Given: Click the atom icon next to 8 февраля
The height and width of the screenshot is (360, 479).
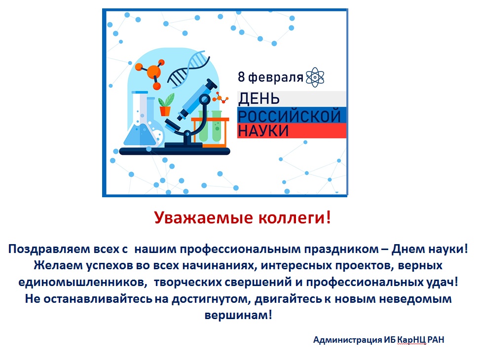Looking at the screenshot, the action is (315, 77).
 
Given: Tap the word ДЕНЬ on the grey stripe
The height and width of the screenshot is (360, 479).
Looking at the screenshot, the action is (259, 99).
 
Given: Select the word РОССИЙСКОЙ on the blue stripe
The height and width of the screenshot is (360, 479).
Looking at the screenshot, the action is (289, 116).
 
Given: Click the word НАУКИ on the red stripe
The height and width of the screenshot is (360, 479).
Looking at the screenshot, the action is (263, 131).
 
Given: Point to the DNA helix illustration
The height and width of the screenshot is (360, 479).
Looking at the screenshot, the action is (188, 69).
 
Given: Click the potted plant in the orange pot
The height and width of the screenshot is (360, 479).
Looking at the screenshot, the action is (166, 105).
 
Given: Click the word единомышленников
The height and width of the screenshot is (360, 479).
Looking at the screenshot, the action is (81, 282).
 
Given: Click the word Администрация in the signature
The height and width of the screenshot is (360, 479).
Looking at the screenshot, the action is (347, 340).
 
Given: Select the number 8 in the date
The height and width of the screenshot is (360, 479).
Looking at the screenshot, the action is (241, 77).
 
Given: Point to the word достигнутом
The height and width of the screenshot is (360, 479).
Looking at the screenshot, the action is (211, 299).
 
